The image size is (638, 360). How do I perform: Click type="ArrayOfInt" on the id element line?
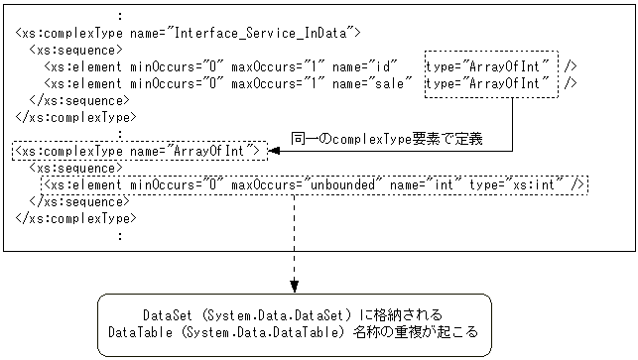(490, 66)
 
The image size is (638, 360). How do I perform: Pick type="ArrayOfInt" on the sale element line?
(490, 83)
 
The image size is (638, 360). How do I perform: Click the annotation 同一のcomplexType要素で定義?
(387, 138)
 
